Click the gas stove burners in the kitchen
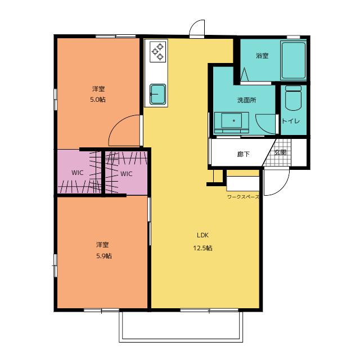pos(158,52)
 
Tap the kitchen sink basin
pos(158,94)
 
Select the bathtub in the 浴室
pos(294,61)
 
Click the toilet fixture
pos(293,98)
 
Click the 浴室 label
pos(262,56)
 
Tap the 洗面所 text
pos(246,100)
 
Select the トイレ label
pos(291,121)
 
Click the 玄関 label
pos(280,152)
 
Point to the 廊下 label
pos(244,154)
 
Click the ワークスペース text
pos(243,197)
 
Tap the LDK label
pos(202,235)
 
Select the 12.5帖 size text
pos(202,248)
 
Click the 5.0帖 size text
pos(98,100)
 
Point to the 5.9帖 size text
pos(104,256)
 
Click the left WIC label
pos(78,173)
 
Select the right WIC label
pos(126,174)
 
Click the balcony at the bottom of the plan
pos(181,327)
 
